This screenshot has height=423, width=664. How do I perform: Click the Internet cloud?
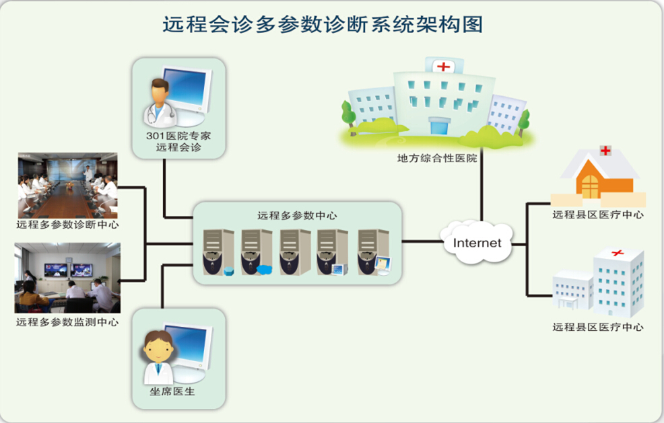[477, 241]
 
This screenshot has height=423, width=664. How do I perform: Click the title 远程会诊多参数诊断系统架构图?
[323, 25]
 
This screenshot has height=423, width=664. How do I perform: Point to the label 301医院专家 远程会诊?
[178, 141]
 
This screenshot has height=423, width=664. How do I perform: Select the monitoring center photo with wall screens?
[67, 278]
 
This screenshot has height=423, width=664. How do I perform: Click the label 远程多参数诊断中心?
[67, 225]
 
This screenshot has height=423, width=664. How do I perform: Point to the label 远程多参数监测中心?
[67, 322]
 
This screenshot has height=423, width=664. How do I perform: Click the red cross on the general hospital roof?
[443, 66]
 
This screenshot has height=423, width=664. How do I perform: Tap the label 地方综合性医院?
[436, 159]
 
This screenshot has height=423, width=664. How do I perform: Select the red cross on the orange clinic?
[605, 151]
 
